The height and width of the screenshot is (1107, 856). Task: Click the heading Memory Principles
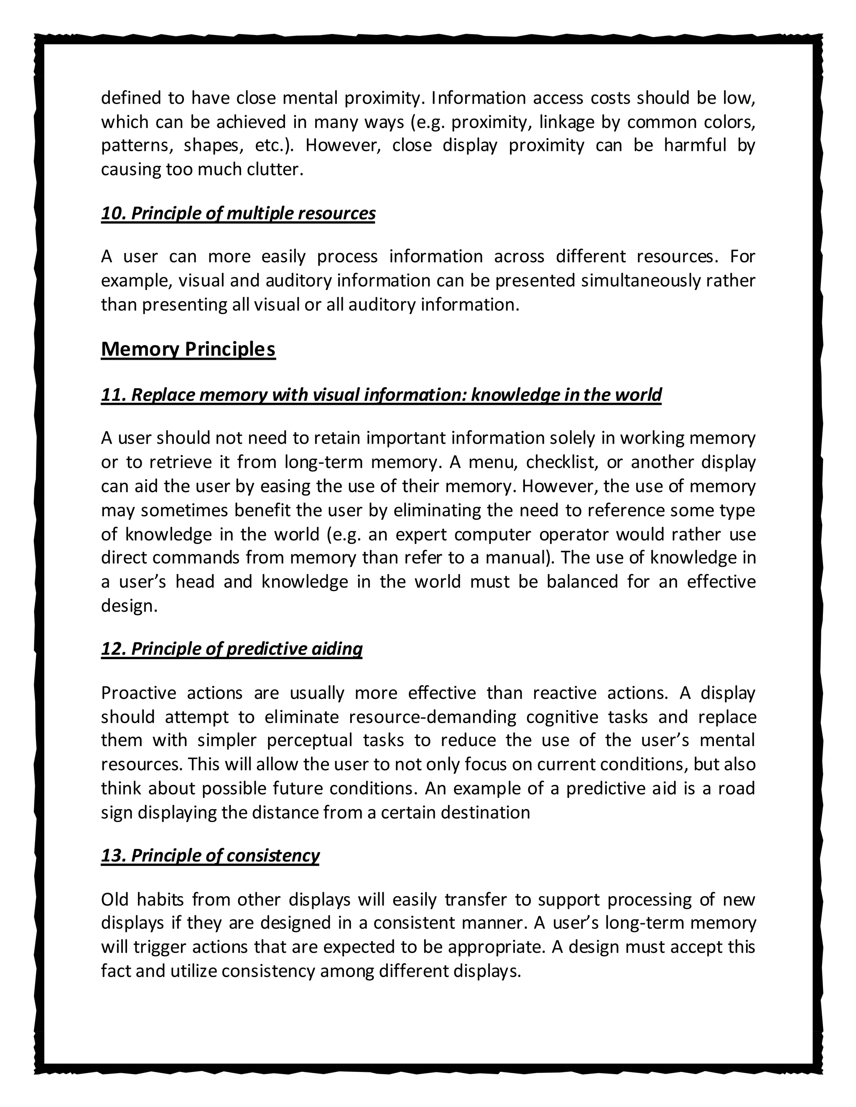pyautogui.click(x=188, y=349)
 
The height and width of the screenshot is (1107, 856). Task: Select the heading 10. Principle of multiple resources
pyautogui.click(x=238, y=213)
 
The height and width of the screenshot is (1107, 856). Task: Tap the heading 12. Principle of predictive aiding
pyautogui.click(x=232, y=649)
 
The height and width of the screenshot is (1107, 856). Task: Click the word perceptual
pyautogui.click(x=310, y=741)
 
